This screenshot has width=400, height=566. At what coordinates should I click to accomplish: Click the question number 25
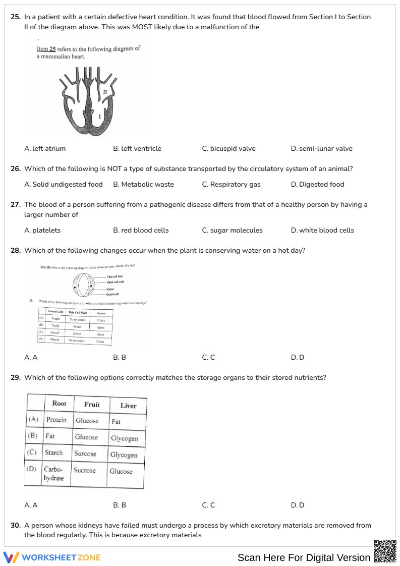16,17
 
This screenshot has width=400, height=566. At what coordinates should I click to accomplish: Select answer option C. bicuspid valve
228,149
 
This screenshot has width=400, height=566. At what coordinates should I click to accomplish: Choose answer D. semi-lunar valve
321,149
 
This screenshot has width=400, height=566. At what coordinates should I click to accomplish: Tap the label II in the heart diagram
105,92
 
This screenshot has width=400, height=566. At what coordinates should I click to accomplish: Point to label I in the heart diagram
99,117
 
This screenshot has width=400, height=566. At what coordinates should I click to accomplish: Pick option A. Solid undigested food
64,185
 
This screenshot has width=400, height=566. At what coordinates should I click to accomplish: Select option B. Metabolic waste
143,185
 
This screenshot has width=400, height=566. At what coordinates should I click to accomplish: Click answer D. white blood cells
322,231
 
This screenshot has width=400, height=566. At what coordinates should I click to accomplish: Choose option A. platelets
42,231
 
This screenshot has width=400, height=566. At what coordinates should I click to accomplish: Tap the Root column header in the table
59,404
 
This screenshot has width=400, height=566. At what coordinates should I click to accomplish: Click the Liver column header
128,406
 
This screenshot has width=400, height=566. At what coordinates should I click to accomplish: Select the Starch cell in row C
54,452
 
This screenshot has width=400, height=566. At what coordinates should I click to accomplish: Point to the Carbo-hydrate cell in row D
53,473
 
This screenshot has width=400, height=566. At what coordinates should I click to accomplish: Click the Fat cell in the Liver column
117,422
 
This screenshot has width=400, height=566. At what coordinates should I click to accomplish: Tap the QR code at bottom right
385,551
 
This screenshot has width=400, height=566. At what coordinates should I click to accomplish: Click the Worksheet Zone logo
52,557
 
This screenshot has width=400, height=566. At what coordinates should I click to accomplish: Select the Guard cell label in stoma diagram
112,294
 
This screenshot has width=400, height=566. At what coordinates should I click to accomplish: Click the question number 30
16,526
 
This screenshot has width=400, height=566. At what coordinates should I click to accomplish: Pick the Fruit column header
92,405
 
